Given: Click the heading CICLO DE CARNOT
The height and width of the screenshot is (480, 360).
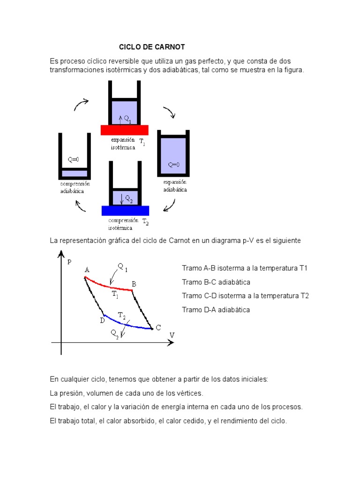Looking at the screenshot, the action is (152, 47).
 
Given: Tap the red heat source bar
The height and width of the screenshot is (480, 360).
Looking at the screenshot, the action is (124, 130).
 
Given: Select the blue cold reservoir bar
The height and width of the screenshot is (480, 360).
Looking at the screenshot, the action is (125, 210).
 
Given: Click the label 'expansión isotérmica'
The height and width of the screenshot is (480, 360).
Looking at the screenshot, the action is (123, 143).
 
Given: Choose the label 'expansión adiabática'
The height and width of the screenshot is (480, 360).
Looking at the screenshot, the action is (175, 186).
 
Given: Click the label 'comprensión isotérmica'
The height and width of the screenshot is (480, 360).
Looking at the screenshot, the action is (123, 224).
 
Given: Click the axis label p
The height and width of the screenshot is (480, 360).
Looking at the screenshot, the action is (69, 262).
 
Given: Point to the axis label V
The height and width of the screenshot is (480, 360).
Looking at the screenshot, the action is (172, 335).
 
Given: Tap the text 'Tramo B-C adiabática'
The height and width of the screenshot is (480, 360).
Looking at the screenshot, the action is (216, 282).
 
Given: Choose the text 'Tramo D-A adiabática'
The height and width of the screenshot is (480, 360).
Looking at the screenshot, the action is (216, 310).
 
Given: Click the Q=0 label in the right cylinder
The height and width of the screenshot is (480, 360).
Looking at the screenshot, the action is (173, 165).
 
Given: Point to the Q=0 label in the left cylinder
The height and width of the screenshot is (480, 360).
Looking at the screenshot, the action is (74, 159).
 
